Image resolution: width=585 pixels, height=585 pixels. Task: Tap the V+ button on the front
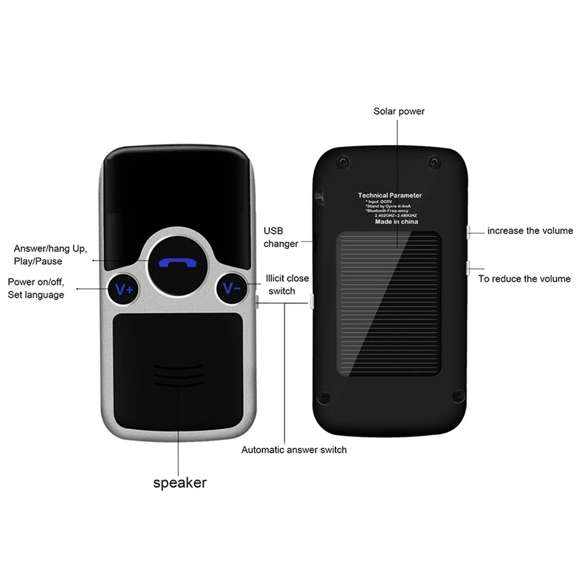pyautogui.click(x=124, y=288)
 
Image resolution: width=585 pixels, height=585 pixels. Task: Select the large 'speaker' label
pyautogui.click(x=179, y=483)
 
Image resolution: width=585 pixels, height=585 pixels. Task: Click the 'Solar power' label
pyautogui.click(x=399, y=111)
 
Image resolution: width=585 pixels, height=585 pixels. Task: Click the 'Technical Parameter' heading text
pyautogui.click(x=390, y=196)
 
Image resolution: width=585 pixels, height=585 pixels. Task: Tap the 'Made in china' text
pyautogui.click(x=396, y=223)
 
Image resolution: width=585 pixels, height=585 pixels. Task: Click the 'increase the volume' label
pyautogui.click(x=530, y=231)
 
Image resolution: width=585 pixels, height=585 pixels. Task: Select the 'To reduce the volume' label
pyautogui.click(x=524, y=279)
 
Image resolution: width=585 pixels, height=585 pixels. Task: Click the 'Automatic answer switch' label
pyautogui.click(x=294, y=450)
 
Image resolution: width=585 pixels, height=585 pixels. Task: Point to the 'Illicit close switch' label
pyautogui.click(x=287, y=285)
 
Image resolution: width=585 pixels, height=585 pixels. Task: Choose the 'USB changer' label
pyautogui.click(x=281, y=237)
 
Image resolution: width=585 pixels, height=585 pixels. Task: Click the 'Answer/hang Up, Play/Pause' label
pyautogui.click(x=51, y=254)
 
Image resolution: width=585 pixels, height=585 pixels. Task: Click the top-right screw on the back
pyautogui.click(x=433, y=161)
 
